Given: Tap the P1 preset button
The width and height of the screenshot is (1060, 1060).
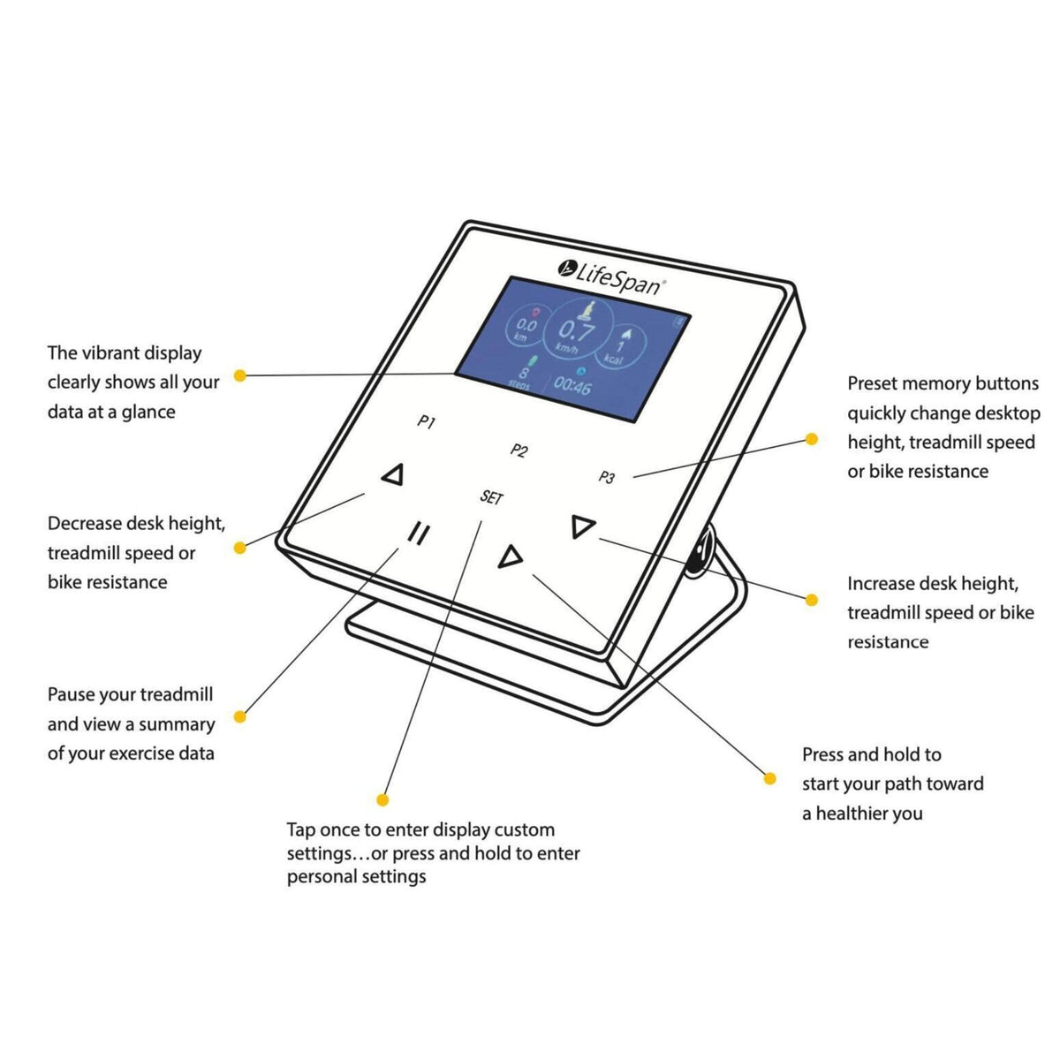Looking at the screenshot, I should pyautogui.click(x=426, y=423).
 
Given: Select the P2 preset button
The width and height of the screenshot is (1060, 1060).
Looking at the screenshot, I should pyautogui.click(x=519, y=450).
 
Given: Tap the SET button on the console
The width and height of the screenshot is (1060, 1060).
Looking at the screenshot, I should pyautogui.click(x=491, y=497).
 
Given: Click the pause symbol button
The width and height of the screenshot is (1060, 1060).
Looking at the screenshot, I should pyautogui.click(x=419, y=534).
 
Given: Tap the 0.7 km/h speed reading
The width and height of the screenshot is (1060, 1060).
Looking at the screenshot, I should pyautogui.click(x=578, y=333).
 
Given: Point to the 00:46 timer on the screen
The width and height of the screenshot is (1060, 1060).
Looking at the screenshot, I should pyautogui.click(x=572, y=386).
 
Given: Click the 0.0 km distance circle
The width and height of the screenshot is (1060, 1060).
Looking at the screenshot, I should pyautogui.click(x=526, y=330).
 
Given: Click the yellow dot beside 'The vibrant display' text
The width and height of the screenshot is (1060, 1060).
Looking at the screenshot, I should pyautogui.click(x=239, y=375).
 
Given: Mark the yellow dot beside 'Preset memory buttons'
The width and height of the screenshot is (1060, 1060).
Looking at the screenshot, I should pyautogui.click(x=811, y=439).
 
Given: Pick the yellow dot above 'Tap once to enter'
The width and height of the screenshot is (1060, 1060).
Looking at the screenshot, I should pyautogui.click(x=382, y=799).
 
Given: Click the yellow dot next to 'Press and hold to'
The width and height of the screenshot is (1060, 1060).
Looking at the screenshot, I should pyautogui.click(x=769, y=778).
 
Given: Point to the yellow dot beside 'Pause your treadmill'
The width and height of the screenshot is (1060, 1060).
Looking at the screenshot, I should pyautogui.click(x=239, y=716).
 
